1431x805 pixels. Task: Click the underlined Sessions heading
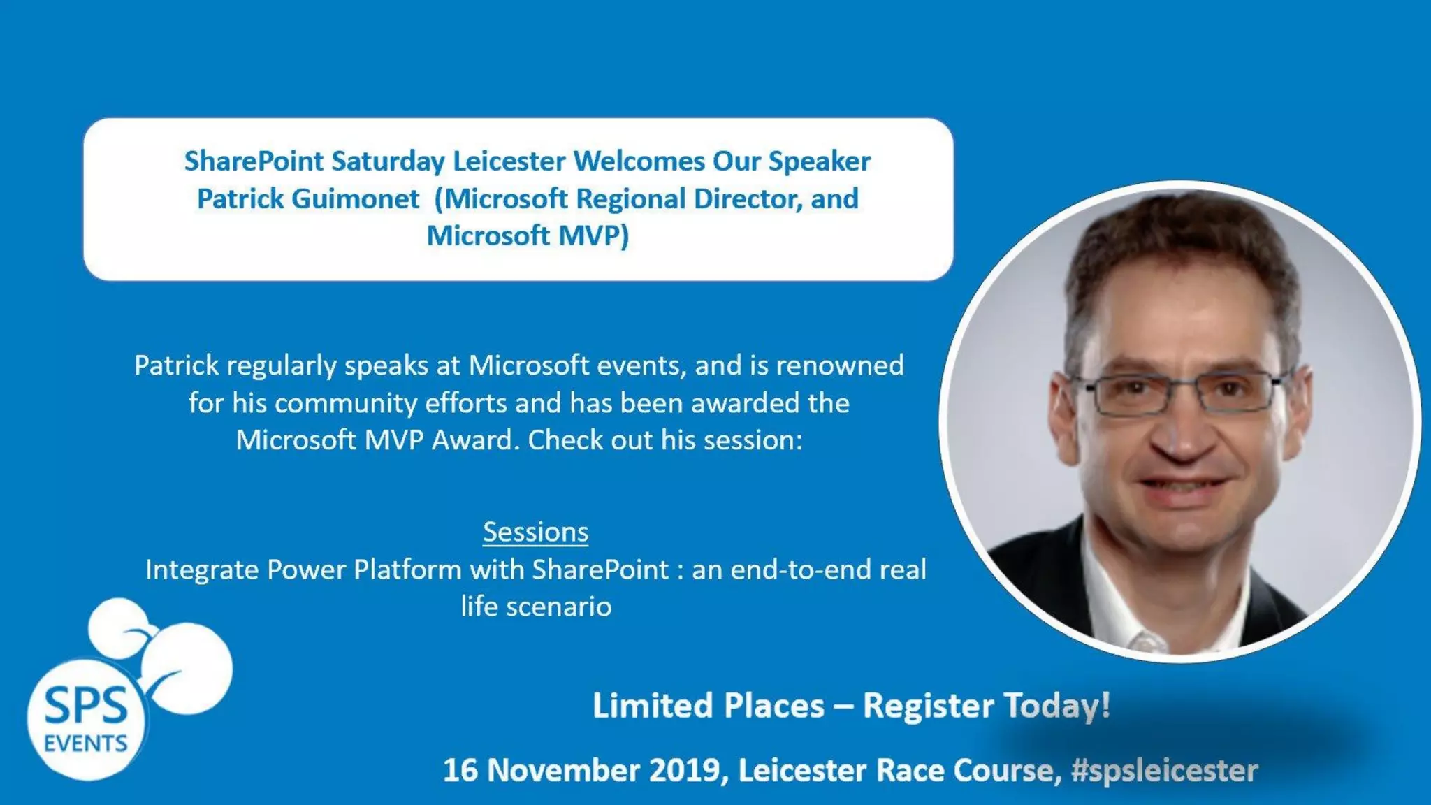click(535, 532)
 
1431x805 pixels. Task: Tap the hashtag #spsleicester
click(1164, 771)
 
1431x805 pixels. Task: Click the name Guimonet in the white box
click(355, 199)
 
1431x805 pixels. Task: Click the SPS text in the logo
click(86, 706)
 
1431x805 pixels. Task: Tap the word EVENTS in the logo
click(85, 744)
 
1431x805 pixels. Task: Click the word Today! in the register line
click(1056, 706)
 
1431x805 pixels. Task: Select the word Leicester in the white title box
click(509, 161)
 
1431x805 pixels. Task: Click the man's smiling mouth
click(1181, 486)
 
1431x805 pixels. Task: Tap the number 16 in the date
click(460, 771)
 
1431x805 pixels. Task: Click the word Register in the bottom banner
click(928, 706)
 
